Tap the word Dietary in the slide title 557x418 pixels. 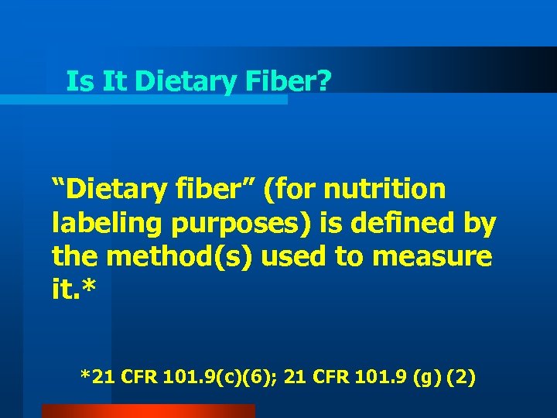[x=185, y=81]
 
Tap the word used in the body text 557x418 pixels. [x=296, y=255]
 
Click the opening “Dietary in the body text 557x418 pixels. [x=103, y=188]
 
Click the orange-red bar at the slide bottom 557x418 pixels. [x=148, y=411]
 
